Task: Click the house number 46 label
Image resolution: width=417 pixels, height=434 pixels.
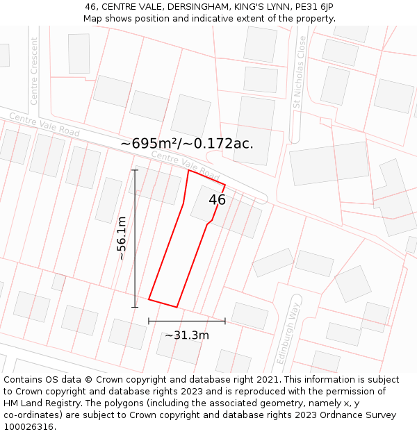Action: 218,200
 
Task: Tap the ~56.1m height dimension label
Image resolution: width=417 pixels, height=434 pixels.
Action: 121,238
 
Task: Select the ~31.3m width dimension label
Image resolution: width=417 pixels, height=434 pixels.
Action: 187,335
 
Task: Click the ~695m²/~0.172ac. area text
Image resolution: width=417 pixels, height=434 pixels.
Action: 187,144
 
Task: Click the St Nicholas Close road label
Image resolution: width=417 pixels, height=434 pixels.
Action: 298,74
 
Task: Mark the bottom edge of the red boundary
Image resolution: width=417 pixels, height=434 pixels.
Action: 163,303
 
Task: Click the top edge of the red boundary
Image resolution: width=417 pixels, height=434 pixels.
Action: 206,177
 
